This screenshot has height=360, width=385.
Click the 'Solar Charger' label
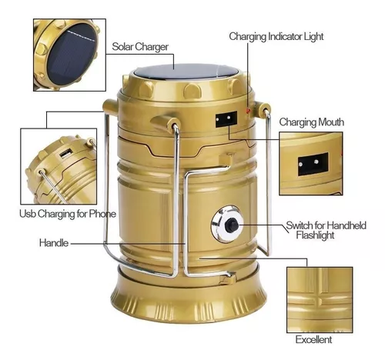coord(140,47)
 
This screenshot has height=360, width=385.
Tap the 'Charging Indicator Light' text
coord(276,37)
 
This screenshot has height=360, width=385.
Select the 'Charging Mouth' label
coord(312,122)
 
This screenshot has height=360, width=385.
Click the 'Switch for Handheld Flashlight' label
coord(326,230)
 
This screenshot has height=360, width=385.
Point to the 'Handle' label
coord(54,242)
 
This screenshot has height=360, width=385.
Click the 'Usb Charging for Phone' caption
coord(68,214)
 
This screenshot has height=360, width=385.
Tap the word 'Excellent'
coord(313,339)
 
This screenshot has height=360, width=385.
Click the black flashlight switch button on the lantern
coord(231,225)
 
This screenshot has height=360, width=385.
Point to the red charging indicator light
coord(248,111)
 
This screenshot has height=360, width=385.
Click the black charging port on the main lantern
coord(226,118)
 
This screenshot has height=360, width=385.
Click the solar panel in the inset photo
coord(72,54)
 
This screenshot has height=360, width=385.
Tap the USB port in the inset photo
coord(65,154)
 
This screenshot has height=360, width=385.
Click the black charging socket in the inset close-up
coord(313,164)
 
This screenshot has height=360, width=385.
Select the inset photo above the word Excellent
coord(320,300)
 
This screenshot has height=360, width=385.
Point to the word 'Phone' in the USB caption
coord(102,214)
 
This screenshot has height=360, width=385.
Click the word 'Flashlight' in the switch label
coord(315,235)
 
